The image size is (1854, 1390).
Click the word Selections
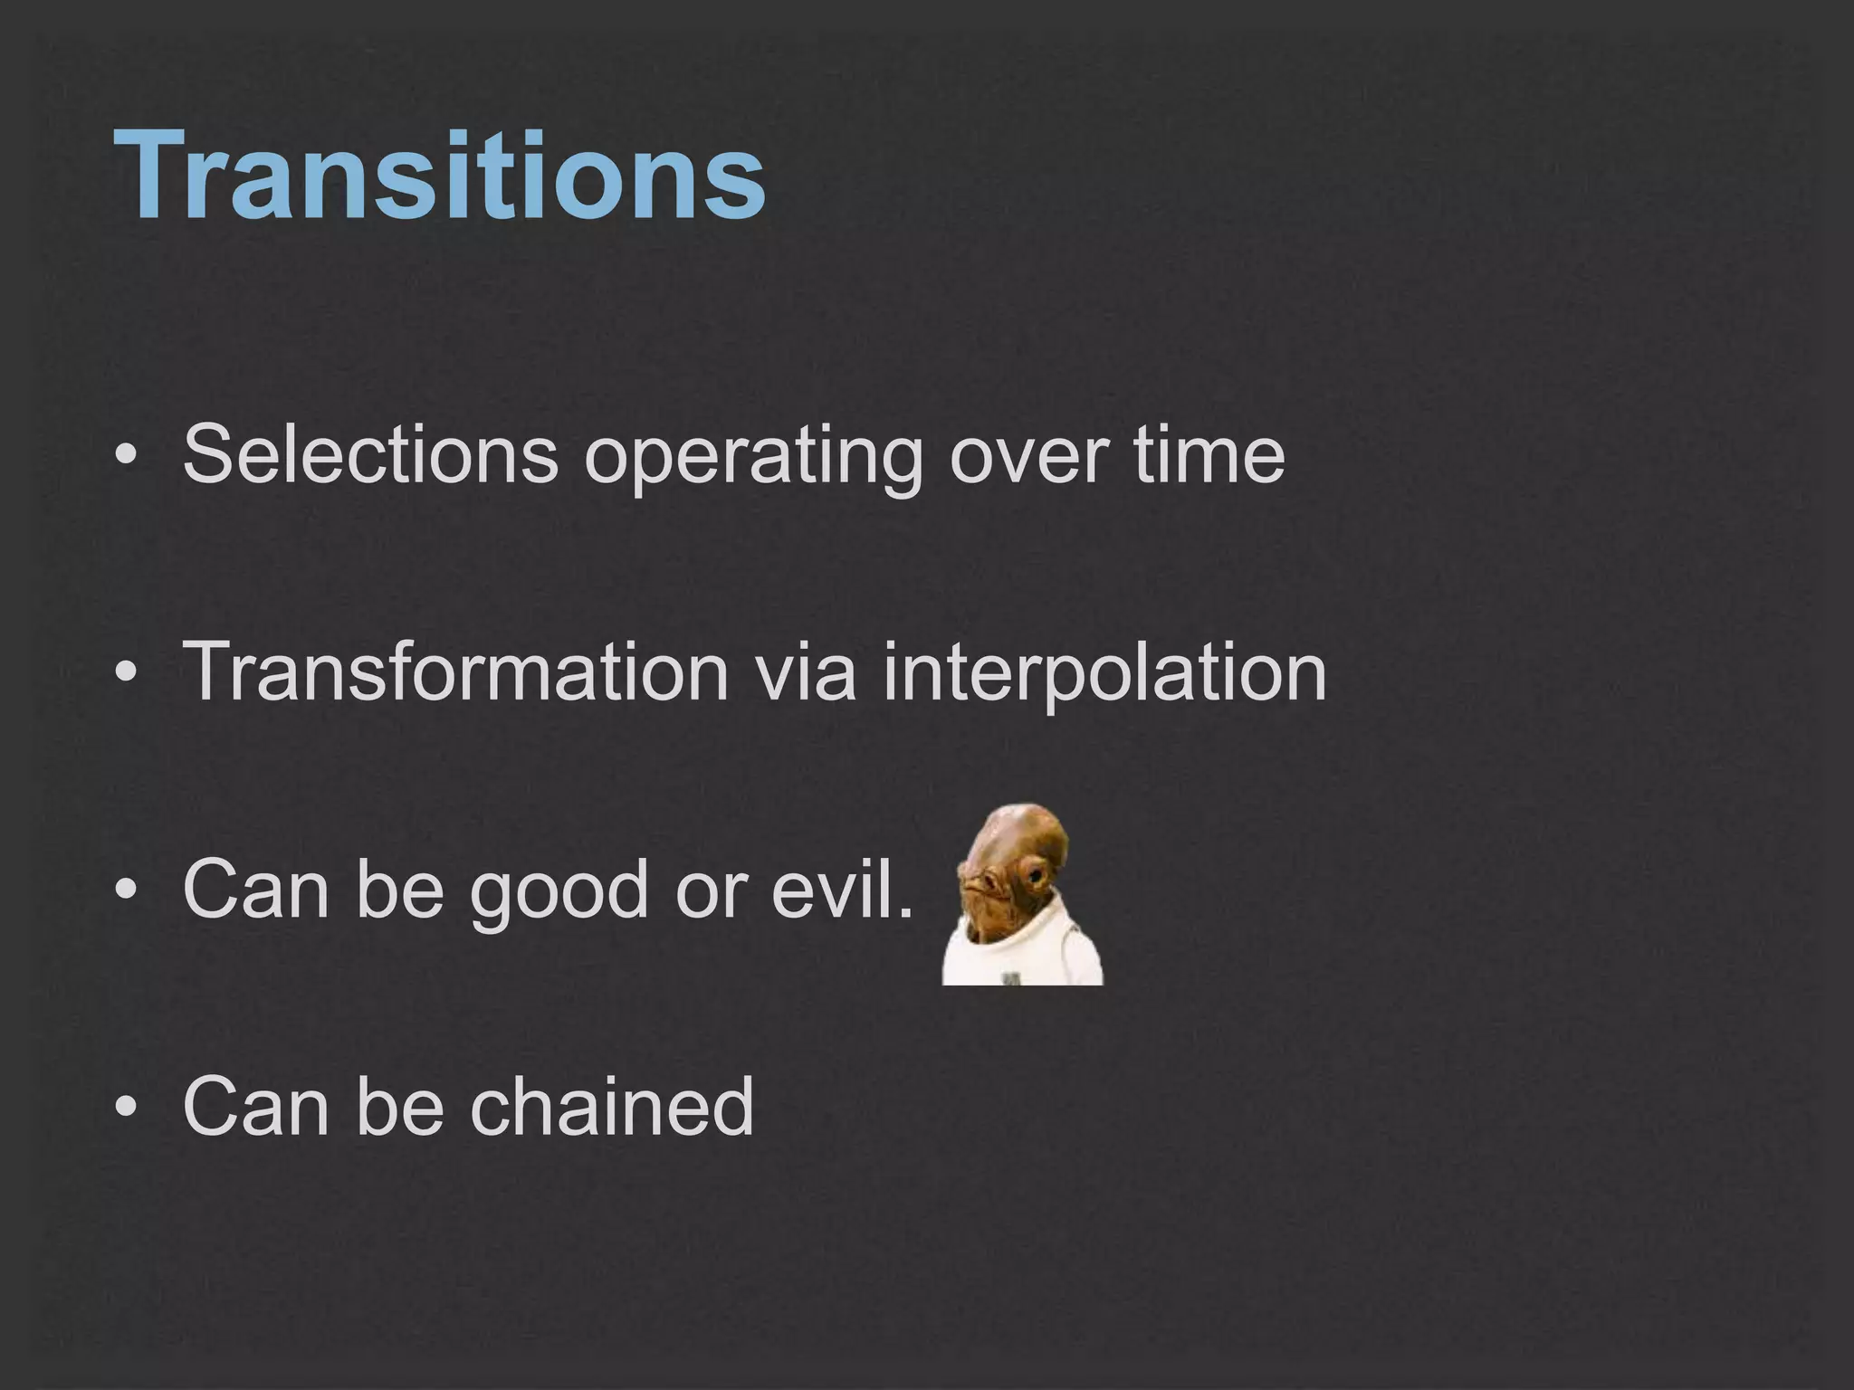click(x=370, y=453)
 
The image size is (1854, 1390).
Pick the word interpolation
click(x=1104, y=674)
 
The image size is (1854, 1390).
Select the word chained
click(x=611, y=1105)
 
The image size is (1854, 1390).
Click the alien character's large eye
click(x=1032, y=874)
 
